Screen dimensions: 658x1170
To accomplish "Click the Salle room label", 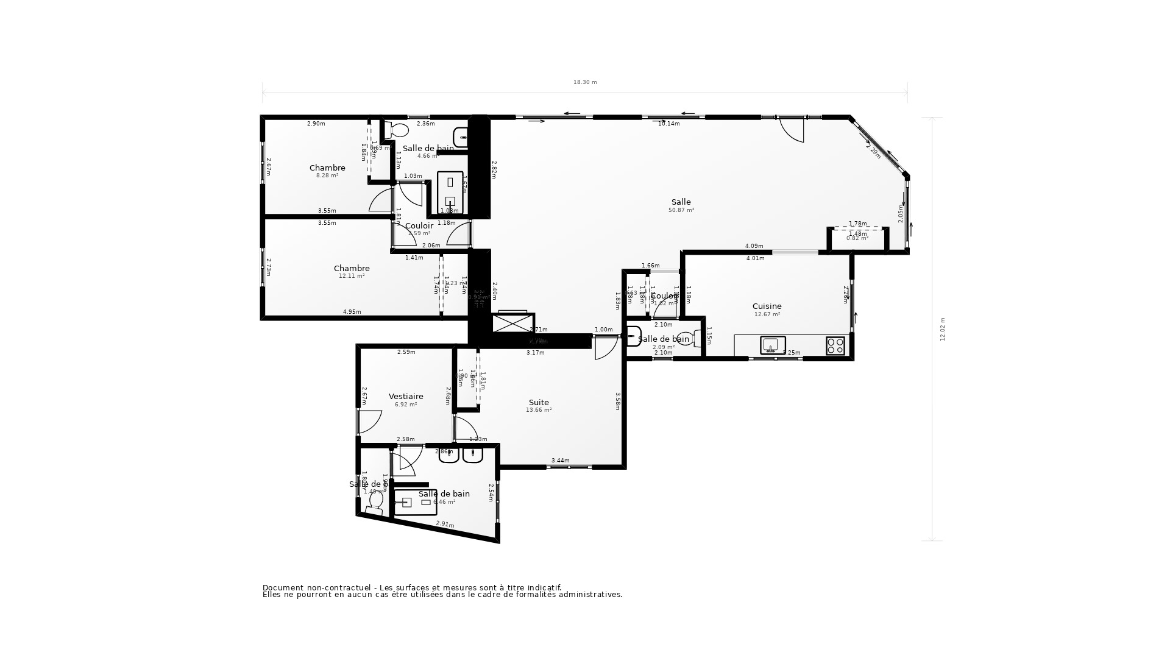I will coord(681,202).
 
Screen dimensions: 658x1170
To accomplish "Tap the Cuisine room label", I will coord(767,306).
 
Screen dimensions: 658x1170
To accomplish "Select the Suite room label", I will coord(539,403).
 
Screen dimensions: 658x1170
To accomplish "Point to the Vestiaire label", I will coord(406,397).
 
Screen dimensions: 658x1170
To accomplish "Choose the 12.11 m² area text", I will coord(352,276).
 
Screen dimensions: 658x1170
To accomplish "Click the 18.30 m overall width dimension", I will coord(585,82).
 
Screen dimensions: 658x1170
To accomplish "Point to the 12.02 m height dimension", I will coord(943,329).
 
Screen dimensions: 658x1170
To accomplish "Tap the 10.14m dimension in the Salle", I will coord(668,124).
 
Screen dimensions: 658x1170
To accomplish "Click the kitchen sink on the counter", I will coord(772,345).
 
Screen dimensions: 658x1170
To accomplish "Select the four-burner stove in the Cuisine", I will coord(835,345).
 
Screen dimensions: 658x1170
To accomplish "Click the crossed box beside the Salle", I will coord(511,323).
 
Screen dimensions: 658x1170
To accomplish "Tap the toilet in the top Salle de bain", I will coord(399,130).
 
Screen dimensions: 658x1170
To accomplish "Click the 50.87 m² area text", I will coord(681,210).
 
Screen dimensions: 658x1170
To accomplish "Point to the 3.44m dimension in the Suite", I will coord(560,461).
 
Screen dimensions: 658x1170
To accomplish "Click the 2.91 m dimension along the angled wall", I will coord(445,524).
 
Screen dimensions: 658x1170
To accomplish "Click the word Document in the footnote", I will coord(282,587).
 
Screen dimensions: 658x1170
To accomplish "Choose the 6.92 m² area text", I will coord(406,405).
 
